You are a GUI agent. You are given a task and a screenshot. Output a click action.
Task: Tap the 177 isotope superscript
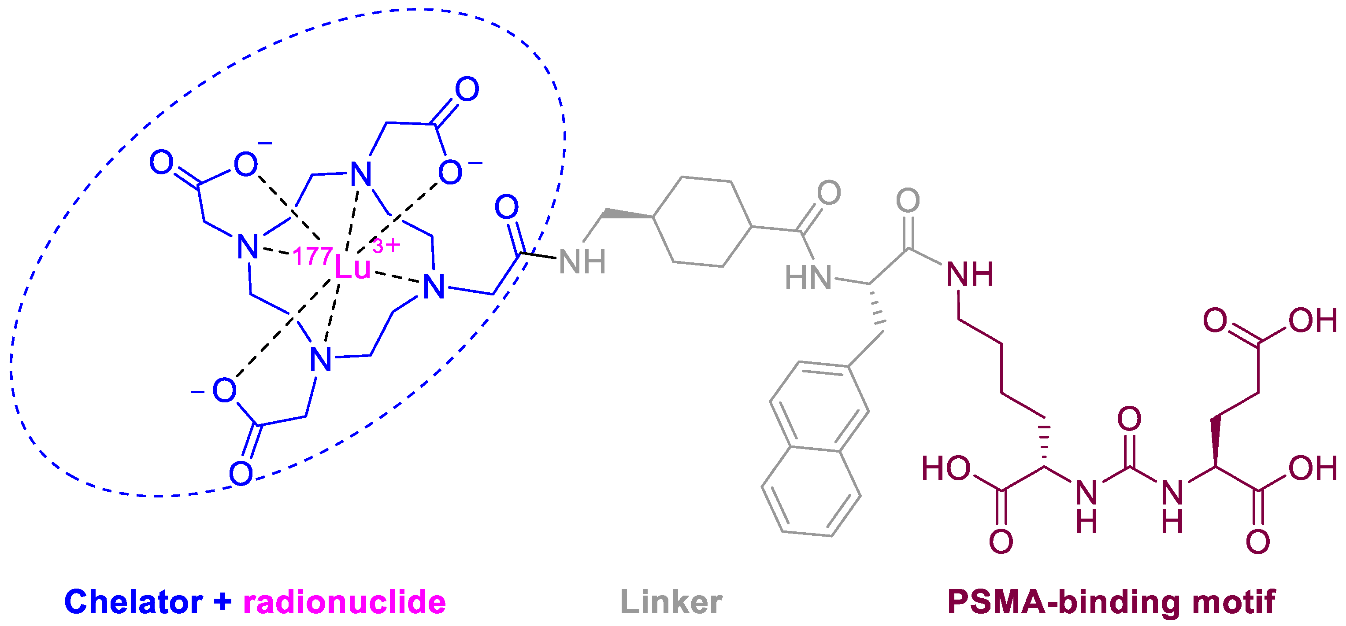point(312,256)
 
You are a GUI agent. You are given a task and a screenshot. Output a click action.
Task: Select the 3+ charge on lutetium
point(387,245)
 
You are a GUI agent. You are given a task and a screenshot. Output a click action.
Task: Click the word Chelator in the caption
point(133,602)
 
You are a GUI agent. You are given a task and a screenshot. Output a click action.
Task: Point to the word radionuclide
point(345,602)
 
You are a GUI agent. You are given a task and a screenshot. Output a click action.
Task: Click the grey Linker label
point(671,602)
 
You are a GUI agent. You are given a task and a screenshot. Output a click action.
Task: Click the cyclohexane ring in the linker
point(702,222)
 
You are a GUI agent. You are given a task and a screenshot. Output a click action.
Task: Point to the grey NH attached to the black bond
point(582,261)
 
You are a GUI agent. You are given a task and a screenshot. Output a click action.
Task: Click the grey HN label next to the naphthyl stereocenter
point(808,278)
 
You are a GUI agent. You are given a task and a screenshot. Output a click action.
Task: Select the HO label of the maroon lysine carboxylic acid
point(946,468)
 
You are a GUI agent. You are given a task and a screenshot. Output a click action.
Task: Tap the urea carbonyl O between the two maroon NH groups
point(1129,419)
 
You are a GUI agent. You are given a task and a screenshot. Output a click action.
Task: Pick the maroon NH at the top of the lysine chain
point(970,275)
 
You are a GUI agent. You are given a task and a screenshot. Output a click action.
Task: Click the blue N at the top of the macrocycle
point(361,174)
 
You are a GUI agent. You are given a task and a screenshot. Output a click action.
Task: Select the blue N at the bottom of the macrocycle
point(321,360)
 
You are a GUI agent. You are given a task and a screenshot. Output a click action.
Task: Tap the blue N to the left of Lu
point(248,247)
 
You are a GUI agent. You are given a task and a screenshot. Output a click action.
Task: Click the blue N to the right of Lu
point(434,287)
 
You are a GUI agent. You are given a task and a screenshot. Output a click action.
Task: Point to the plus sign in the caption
point(222,601)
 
